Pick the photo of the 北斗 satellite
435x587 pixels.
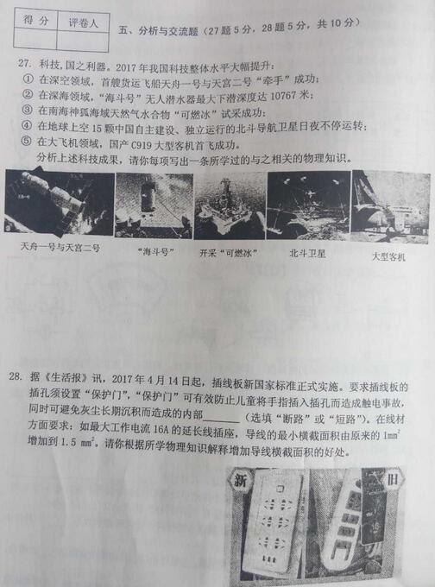tap(306, 205)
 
